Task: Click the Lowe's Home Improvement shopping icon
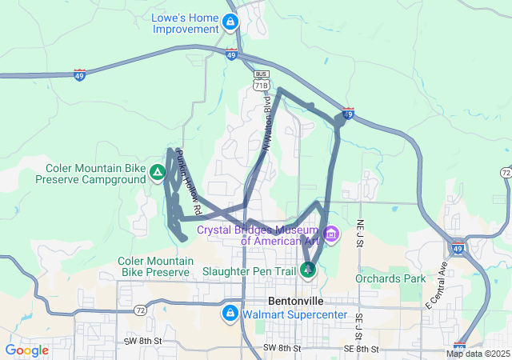[230, 22]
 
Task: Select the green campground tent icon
[158, 173]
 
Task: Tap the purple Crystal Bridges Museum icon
[332, 234]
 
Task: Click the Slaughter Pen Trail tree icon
[308, 270]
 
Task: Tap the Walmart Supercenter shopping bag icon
[230, 314]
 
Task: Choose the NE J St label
[361, 233]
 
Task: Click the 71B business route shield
[261, 84]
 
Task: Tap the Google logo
[27, 350]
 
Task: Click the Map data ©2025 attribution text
[478, 354]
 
